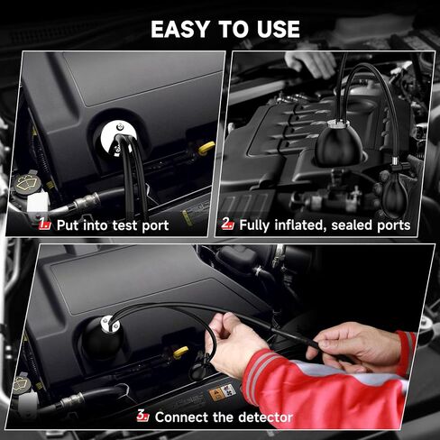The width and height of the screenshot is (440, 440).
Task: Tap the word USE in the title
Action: tap(279, 29)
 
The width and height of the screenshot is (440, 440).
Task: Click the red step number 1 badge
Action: tap(45, 224)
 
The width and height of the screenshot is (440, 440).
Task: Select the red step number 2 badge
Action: tap(227, 224)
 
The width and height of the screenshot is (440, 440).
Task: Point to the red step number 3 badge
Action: tap(142, 416)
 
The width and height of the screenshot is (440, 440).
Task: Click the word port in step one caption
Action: tap(155, 225)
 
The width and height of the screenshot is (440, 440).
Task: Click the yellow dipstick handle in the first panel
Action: tap(206, 148)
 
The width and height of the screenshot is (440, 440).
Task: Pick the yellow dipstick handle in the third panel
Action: tap(180, 353)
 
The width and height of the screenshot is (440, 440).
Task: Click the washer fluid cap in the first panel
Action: tap(27, 183)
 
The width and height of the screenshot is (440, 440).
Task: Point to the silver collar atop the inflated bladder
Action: tap(338, 124)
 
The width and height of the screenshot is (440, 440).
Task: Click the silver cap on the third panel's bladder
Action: tap(110, 324)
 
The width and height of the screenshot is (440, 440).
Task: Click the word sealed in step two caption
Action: tap(352, 225)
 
